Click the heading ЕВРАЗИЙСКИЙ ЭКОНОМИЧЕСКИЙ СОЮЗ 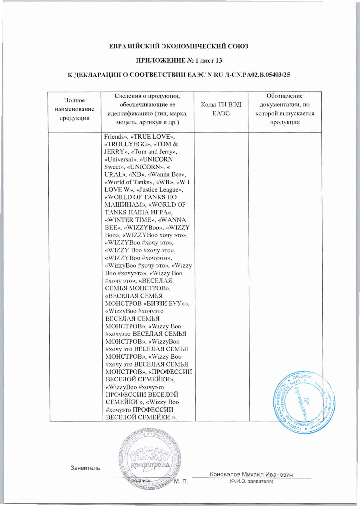(179, 46)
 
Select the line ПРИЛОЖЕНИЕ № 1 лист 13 (179, 60)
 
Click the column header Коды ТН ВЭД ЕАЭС (221, 109)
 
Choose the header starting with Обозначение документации (285, 109)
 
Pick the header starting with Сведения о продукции (147, 109)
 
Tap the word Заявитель (85, 468)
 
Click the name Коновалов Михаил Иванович (251, 474)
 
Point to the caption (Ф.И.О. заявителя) (251, 481)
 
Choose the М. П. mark (181, 482)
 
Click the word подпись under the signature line (141, 480)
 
